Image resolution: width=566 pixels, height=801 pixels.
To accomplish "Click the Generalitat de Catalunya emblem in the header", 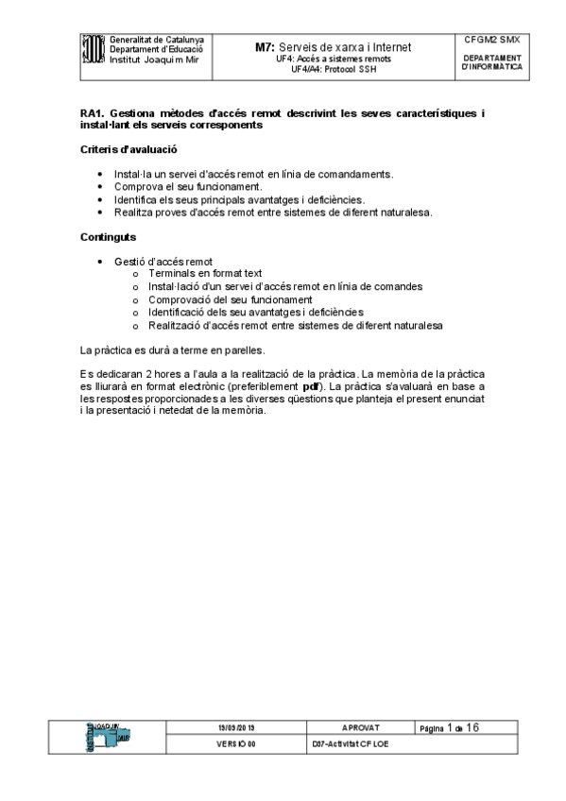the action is [93, 48].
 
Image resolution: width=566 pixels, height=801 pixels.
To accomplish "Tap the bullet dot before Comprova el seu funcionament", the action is [102, 187].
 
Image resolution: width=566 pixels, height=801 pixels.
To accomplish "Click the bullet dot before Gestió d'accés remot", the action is [102, 262].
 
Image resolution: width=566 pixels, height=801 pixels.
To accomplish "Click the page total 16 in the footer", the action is [472, 727].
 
